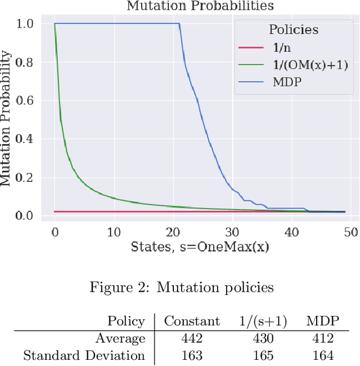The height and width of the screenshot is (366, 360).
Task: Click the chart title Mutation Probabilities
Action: pos(200,6)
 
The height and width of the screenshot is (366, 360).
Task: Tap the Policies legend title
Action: pos(292,29)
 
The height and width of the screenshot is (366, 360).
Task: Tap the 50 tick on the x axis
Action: pos(351,231)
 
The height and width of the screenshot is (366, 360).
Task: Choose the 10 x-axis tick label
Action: pos(114,231)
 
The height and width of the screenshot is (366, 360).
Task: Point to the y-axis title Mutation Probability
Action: pos(6,118)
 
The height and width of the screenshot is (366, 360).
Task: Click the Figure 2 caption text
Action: pos(182,288)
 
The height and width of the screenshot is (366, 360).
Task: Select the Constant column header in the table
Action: pos(192,322)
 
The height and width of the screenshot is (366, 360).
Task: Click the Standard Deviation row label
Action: pos(84,356)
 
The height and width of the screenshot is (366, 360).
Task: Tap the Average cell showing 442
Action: pos(192,339)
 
